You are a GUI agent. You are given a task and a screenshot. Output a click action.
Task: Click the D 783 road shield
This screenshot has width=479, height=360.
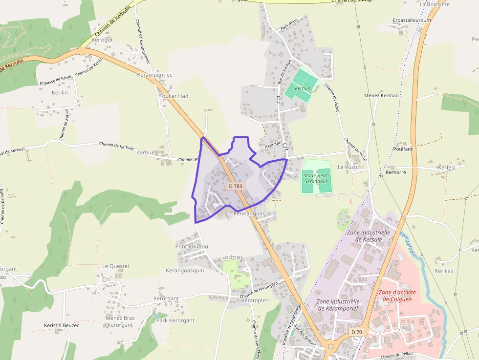235,186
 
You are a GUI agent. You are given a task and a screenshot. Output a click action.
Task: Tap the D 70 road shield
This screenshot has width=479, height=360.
357,332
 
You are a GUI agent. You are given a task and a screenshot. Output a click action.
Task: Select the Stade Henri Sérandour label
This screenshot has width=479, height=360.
315,178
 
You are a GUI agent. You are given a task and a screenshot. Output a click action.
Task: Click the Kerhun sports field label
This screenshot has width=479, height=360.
303,88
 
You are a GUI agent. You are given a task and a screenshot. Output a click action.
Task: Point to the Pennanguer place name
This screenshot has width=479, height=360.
249,213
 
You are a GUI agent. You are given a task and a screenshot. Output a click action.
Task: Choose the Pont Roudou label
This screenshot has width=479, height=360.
192,246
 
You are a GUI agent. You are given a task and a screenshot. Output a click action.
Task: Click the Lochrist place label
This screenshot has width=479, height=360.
232,257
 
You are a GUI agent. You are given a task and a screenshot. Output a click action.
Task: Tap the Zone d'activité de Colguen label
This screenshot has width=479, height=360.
397,296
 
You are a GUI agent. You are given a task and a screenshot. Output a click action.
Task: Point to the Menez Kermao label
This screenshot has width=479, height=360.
381,95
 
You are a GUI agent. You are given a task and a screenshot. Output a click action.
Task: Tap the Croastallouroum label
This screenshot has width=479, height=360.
412,21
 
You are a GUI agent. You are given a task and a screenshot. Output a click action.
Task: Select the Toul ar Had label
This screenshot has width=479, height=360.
174,96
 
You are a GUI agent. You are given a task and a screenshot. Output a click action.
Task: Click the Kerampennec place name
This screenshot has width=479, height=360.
154,75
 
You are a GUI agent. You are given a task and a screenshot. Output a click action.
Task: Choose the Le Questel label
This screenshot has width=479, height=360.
115,266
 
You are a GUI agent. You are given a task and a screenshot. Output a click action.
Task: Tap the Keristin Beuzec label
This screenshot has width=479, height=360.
62,325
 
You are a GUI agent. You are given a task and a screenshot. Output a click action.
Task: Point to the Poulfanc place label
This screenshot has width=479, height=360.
403,148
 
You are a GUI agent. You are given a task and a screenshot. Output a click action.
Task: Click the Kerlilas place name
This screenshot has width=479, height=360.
443,271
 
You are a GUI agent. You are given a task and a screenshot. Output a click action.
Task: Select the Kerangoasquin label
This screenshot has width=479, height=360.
185,270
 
